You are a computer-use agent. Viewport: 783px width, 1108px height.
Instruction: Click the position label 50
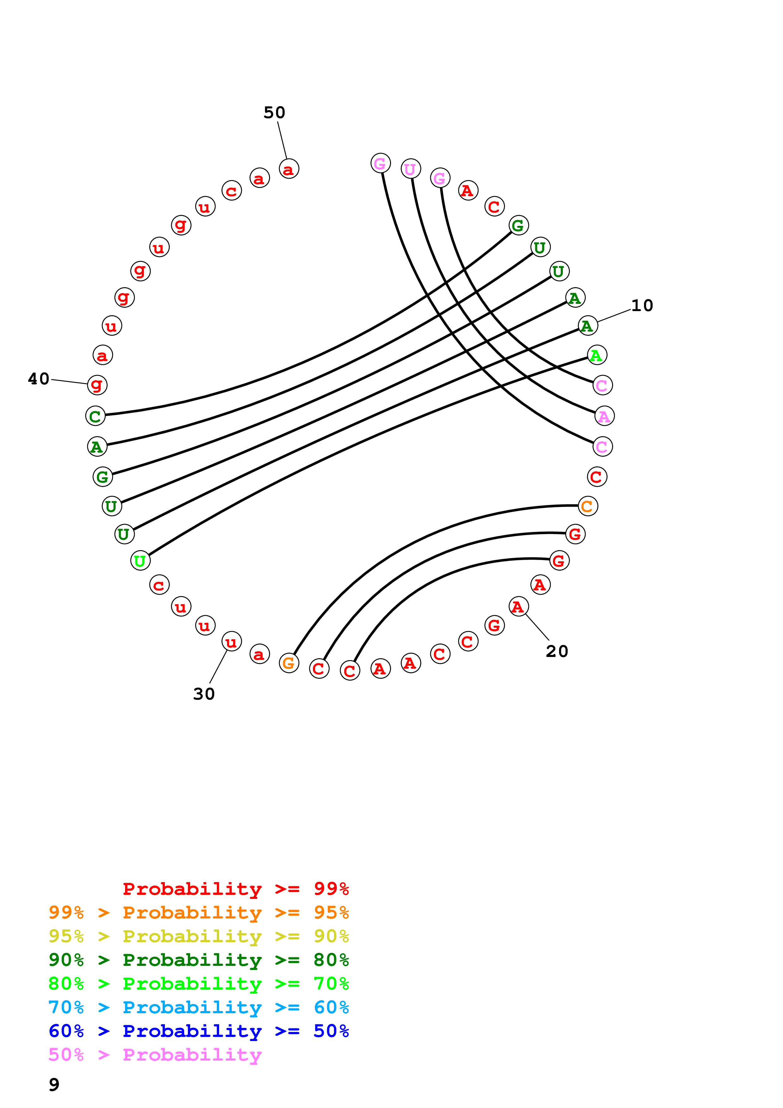click(x=274, y=112)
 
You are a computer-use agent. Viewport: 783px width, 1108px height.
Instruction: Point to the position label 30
click(x=204, y=694)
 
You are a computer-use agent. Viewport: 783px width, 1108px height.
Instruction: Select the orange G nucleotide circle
click(x=289, y=663)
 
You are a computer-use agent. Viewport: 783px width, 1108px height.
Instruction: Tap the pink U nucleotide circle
click(x=411, y=169)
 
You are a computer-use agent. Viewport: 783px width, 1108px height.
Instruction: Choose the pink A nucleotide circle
click(x=604, y=416)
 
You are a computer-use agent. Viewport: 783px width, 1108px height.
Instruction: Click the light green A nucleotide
click(x=597, y=355)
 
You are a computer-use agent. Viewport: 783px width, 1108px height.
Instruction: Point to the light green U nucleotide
click(x=140, y=560)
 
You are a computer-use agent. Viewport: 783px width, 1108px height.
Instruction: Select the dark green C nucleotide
click(x=95, y=416)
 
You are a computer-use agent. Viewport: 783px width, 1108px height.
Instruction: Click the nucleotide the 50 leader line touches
click(x=289, y=169)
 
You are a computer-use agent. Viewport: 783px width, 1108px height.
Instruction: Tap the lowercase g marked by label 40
click(x=97, y=385)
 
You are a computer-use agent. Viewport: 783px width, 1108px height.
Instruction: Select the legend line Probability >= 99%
click(x=235, y=888)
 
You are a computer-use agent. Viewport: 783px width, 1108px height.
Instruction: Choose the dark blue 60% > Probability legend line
click(x=198, y=1031)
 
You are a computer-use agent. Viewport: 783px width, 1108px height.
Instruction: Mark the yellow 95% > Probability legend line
click(x=198, y=936)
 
